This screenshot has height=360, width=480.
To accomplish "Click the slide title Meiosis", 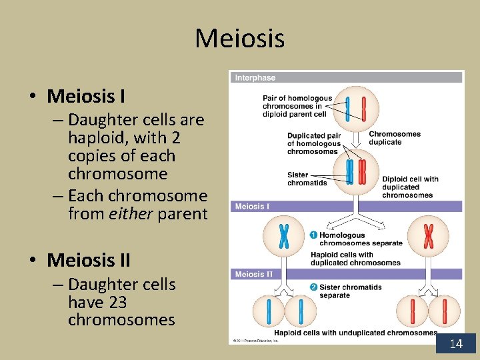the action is pyautogui.click(x=239, y=38).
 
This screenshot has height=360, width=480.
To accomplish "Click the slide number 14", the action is pyautogui.click(x=456, y=344).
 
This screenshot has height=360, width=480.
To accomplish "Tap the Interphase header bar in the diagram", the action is pyautogui.click(x=346, y=77).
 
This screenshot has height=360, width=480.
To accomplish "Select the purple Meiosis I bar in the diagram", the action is pyautogui.click(x=346, y=207).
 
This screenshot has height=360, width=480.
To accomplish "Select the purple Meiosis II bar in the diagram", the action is pyautogui.click(x=346, y=274).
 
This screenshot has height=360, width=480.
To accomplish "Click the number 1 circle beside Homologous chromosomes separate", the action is pyautogui.click(x=313, y=235).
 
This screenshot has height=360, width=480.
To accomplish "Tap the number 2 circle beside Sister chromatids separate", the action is pyautogui.click(x=313, y=287).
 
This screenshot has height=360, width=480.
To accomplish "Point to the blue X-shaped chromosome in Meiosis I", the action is pyautogui.click(x=284, y=235).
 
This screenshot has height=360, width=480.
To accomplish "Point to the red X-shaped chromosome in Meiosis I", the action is pyautogui.click(x=428, y=235).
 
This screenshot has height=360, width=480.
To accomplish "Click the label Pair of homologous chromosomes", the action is pyautogui.click(x=297, y=106).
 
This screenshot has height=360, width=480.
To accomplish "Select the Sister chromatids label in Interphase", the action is pyautogui.click(x=307, y=179).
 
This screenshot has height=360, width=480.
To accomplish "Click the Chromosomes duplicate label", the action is pyautogui.click(x=395, y=138).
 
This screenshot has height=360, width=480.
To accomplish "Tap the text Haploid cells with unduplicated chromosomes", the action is pyautogui.click(x=355, y=333).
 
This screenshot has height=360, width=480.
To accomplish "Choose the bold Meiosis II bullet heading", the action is pyautogui.click(x=89, y=259).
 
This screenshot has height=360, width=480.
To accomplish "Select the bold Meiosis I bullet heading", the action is pyautogui.click(x=86, y=97).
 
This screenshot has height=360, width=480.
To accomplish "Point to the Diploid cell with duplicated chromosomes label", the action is pyautogui.click(x=410, y=187).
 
